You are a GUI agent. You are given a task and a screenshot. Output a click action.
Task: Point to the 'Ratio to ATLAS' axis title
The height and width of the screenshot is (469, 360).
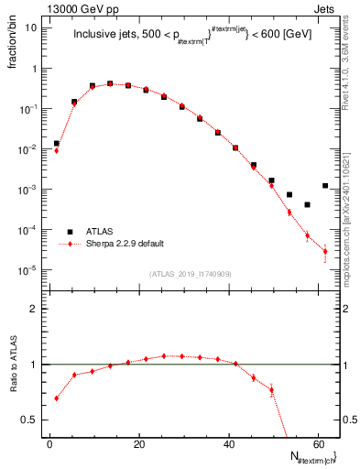pos(12,366)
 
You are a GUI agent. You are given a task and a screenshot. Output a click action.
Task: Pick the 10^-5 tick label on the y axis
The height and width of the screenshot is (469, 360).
pos(27,270)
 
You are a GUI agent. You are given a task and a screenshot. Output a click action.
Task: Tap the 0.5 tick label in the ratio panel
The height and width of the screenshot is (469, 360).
pos(29,420)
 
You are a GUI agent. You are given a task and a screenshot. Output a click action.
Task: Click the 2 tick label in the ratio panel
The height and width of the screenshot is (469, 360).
pos(33,309)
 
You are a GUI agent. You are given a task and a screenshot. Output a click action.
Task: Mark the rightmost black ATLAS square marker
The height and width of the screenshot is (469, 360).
pos(325,186)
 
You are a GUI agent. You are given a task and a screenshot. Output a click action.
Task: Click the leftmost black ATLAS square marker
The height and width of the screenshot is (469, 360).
pos(57,143)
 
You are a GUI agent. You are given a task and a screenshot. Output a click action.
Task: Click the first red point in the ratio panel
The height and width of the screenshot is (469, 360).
pos(57,398)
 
